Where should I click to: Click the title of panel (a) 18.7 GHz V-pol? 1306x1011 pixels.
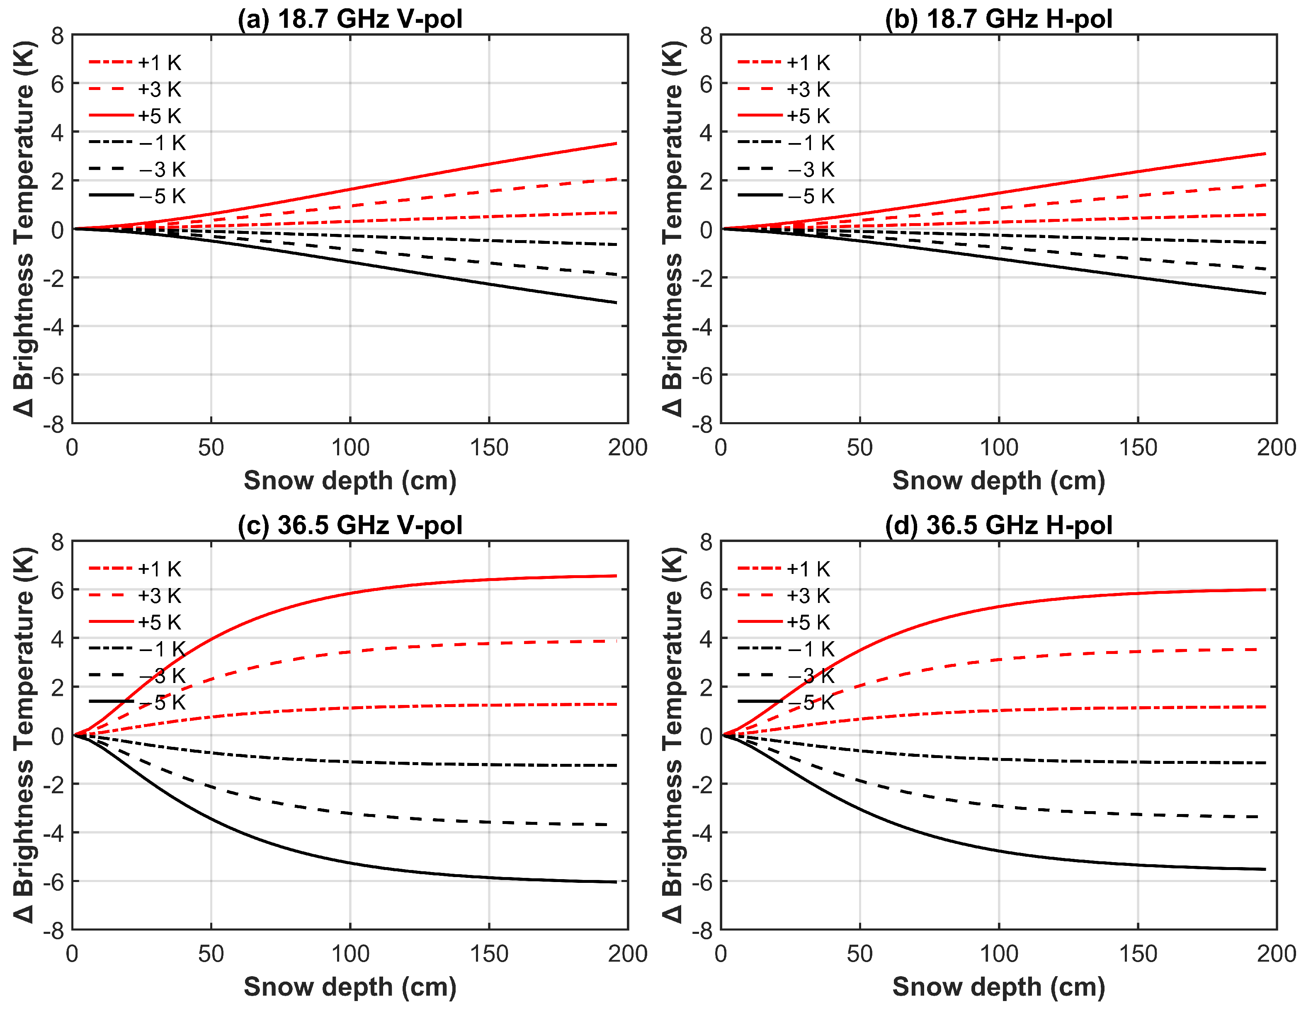click(x=350, y=19)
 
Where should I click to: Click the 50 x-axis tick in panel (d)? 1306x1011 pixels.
click(x=859, y=954)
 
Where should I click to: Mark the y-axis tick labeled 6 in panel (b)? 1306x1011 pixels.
click(x=706, y=84)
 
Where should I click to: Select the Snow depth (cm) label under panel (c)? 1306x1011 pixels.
click(x=350, y=987)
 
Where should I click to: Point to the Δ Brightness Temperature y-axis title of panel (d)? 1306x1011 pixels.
click(x=673, y=735)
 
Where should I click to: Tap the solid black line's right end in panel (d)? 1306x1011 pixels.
click(x=1264, y=869)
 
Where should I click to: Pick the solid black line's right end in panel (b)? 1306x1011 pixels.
click(x=1264, y=293)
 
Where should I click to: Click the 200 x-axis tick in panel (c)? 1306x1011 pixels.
click(x=627, y=954)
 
